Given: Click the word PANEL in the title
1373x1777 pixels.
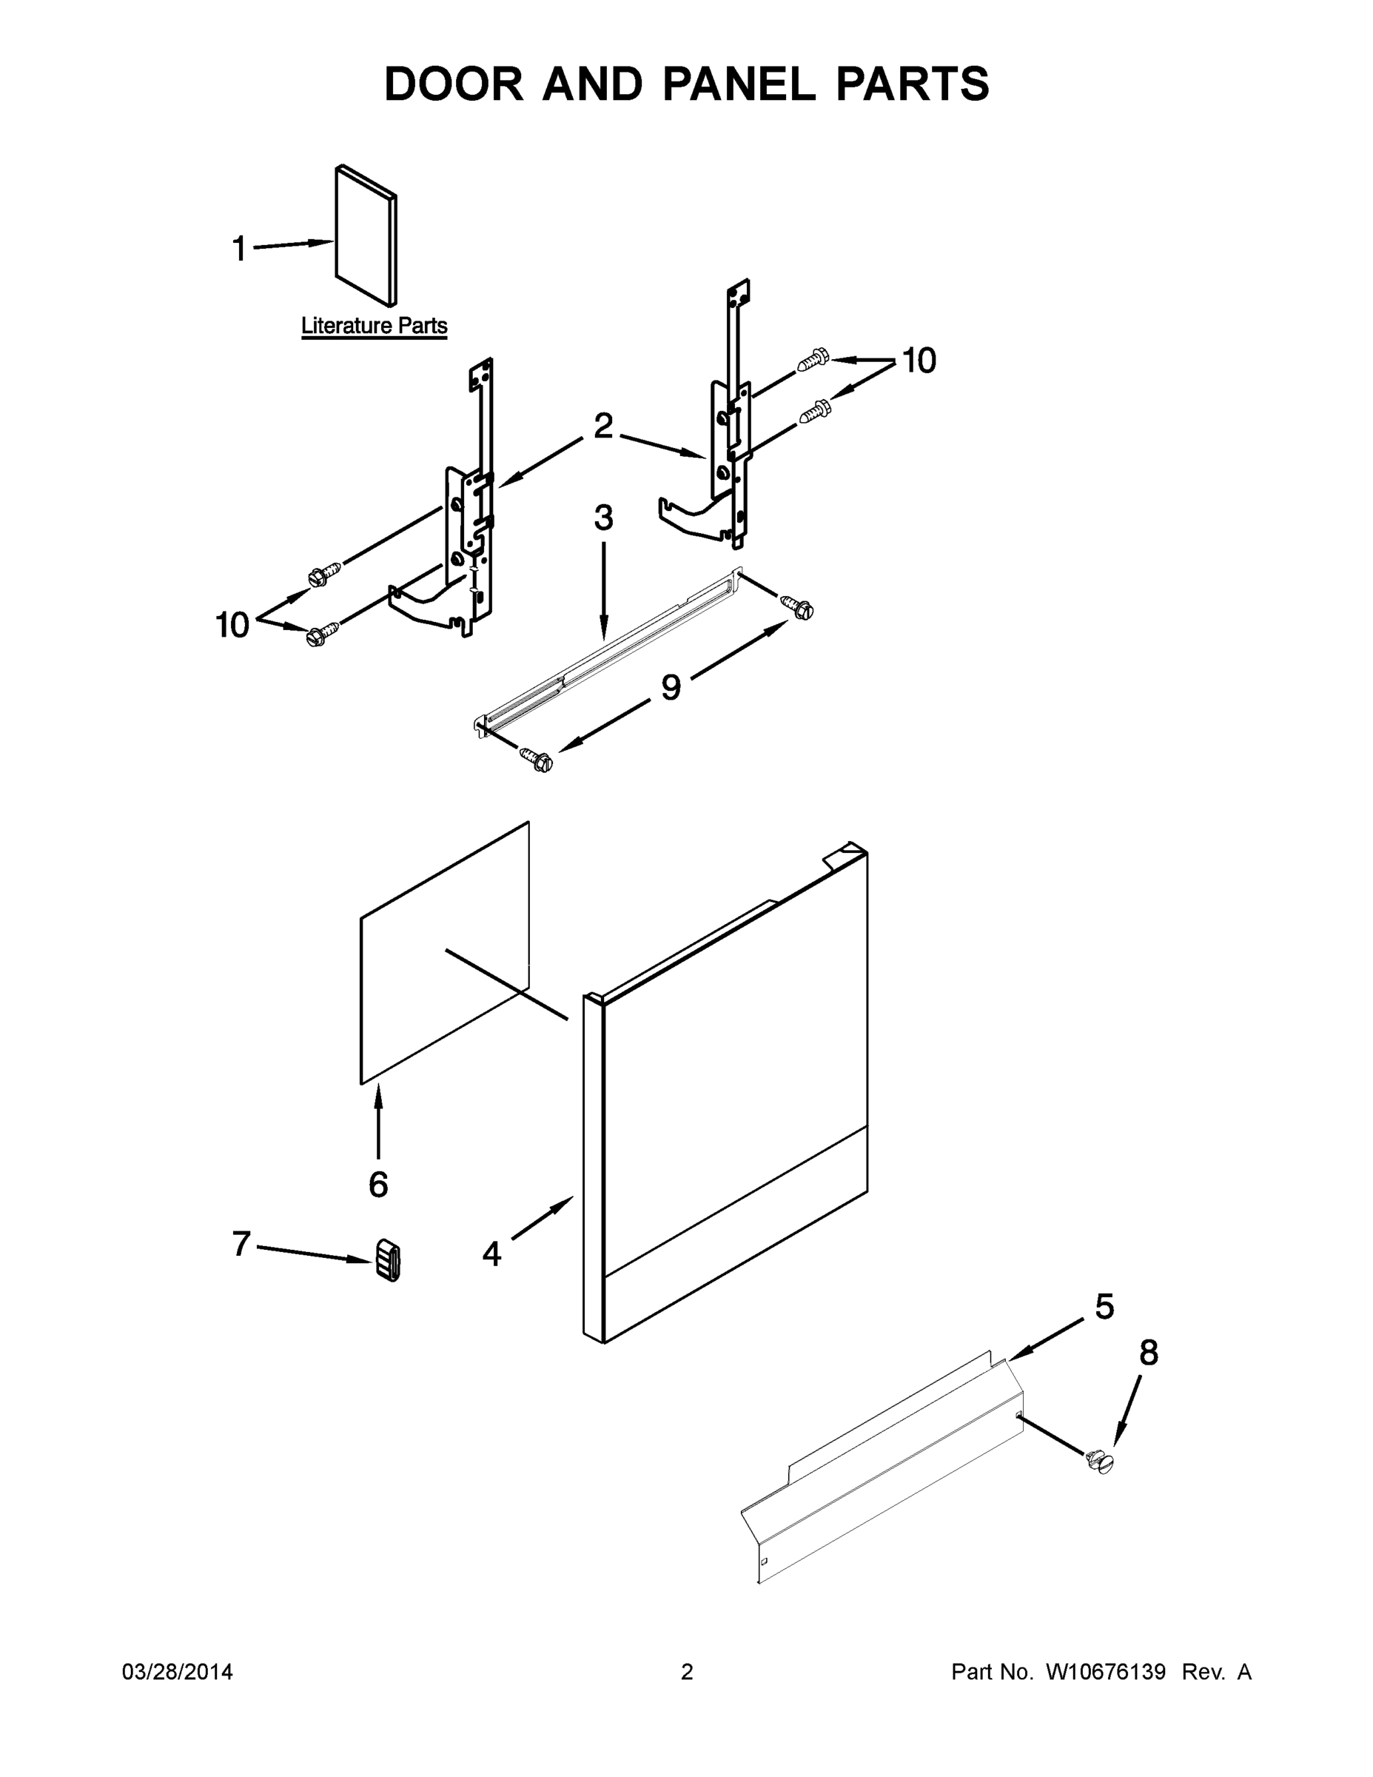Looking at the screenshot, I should pyautogui.click(x=739, y=84).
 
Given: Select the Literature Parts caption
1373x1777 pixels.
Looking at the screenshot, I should pyautogui.click(x=375, y=326).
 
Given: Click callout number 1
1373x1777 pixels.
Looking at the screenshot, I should pyautogui.click(x=238, y=249).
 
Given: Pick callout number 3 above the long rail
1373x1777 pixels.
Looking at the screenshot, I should pyautogui.click(x=602, y=518).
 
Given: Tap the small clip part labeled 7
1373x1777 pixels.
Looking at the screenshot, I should pyautogui.click(x=389, y=1261).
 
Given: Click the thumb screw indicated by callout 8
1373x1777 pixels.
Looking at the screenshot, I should pyautogui.click(x=1101, y=1462).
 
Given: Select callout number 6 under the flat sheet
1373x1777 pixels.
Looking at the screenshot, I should pyautogui.click(x=378, y=1185).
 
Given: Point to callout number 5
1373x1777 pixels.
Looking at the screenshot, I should pyautogui.click(x=1104, y=1308).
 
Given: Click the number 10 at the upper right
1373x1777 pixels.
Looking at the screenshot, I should pyautogui.click(x=919, y=361).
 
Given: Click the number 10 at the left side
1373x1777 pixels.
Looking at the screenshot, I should pyautogui.click(x=232, y=625).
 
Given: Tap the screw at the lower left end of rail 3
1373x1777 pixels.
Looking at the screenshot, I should pyautogui.click(x=537, y=760).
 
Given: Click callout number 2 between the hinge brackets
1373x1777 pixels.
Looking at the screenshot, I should pyautogui.click(x=602, y=426).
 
